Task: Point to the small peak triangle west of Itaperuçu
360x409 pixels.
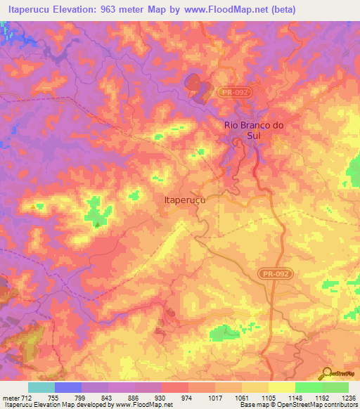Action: [x=97, y=224]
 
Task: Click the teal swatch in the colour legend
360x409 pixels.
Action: [x=41, y=387]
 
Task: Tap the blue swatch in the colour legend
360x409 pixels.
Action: [x=68, y=387]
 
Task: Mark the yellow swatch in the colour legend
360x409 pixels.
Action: [x=281, y=387]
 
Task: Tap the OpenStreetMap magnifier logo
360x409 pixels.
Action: [x=326, y=374]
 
